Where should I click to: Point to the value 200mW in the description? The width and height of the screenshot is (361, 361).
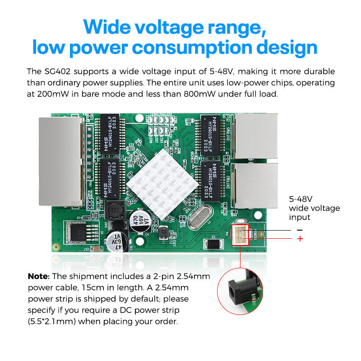click(50, 94)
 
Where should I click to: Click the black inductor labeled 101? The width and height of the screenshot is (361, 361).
click(115, 210)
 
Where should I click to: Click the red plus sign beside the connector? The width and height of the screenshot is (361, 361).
click(300, 239)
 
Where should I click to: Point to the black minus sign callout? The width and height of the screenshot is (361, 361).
click(300, 230)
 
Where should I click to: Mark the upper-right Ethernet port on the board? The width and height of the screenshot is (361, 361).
click(255, 135)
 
